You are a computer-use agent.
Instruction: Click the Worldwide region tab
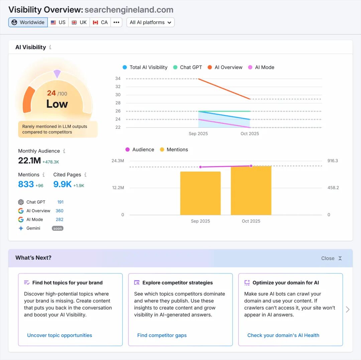tap(28, 22)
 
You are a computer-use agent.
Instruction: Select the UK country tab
tap(79, 22)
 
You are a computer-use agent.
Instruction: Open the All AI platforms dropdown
tap(150, 22)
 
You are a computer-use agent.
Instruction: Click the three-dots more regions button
tap(116, 22)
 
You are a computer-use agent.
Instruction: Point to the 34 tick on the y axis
tap(118, 79)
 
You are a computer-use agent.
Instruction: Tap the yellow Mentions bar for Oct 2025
tap(251, 191)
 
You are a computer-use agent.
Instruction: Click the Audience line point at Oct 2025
tap(251, 166)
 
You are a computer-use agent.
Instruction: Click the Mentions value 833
tap(26, 184)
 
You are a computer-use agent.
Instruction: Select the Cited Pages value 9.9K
tap(63, 184)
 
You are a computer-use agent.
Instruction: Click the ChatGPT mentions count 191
tap(60, 202)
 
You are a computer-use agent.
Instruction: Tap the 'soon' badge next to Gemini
tap(57, 228)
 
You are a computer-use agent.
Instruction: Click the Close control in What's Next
tap(331, 258)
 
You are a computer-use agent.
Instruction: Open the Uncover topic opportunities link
tap(59, 335)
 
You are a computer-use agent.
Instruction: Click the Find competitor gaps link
tap(162, 335)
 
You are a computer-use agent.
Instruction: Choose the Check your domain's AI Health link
tap(283, 335)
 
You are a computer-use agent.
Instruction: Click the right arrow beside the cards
tap(348, 309)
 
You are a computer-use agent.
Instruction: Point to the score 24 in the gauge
tap(51, 93)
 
